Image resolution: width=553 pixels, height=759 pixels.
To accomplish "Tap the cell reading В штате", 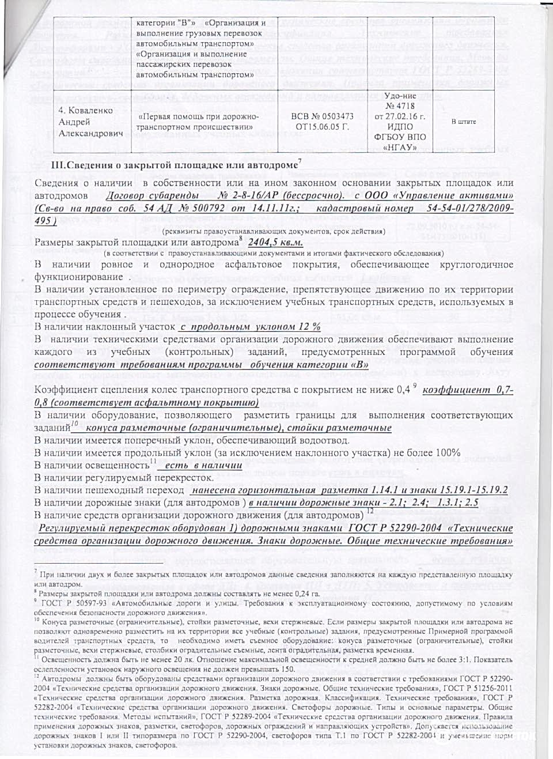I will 463,122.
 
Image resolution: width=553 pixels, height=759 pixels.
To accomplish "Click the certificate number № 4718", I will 400,106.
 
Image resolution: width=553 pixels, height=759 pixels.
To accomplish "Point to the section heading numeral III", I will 58,165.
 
